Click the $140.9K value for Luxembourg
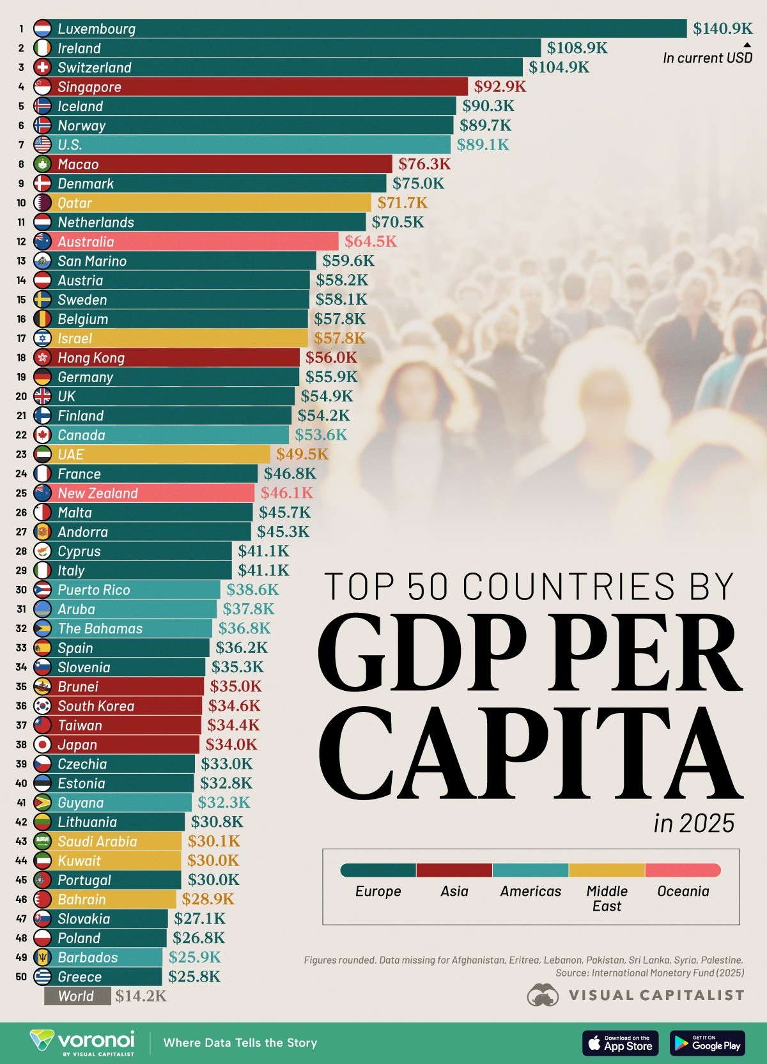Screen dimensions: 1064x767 coord(722,29)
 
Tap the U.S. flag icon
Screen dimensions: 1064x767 coord(42,145)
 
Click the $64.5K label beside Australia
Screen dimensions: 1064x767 coord(370,242)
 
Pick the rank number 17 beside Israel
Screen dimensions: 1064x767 coord(21,339)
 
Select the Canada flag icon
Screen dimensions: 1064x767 coord(42,435)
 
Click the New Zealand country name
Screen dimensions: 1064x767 coord(98,493)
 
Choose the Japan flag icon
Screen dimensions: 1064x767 coord(42,744)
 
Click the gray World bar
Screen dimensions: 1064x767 coord(77,996)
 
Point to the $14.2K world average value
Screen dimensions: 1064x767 coord(141,996)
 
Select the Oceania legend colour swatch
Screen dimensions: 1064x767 coord(683,870)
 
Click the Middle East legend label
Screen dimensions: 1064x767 coord(607,898)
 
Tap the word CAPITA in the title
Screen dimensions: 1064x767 coord(531,754)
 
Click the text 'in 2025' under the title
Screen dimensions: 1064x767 coord(693,824)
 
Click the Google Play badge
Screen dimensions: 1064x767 coord(707,1043)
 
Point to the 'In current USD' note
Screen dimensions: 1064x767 coord(707,58)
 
